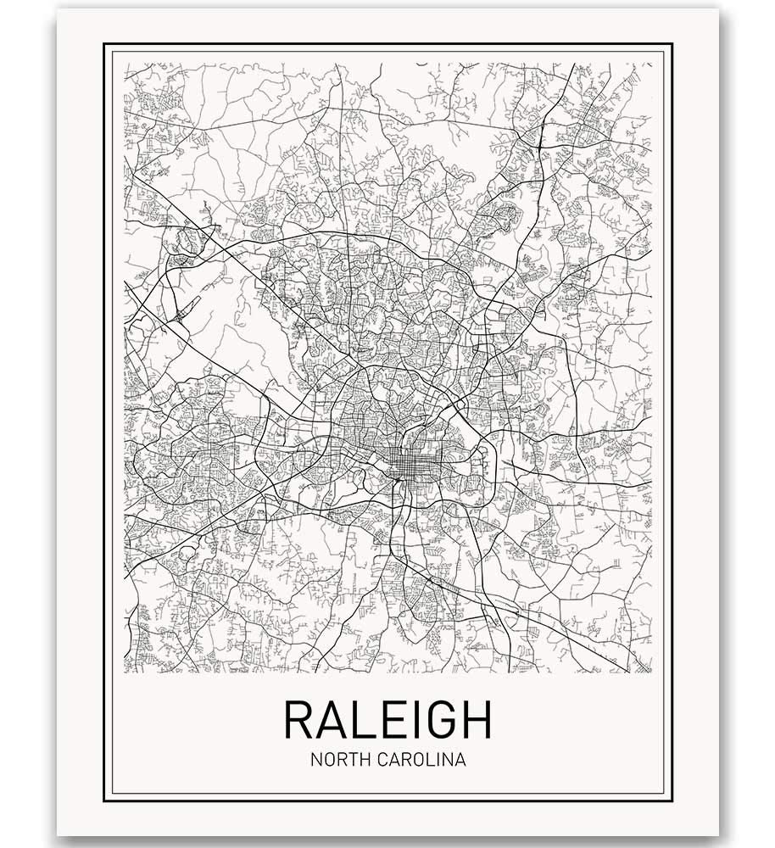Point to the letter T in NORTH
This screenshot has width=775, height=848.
coord(355,760)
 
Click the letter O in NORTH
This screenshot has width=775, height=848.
coord(329,760)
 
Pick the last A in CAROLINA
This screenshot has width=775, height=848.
coord(460,760)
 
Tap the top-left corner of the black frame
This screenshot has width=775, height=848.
coord(104,44)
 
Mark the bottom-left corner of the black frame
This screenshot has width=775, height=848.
coord(104,801)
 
